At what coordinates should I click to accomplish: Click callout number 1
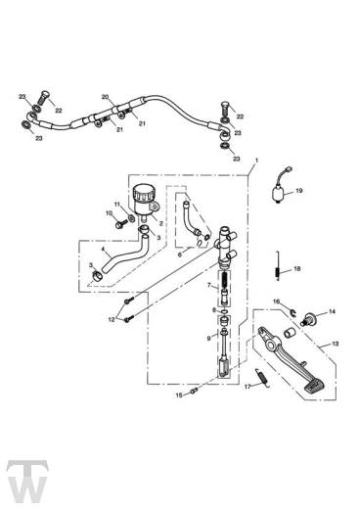256,159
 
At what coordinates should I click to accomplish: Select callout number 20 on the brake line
105,97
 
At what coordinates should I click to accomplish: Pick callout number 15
179,396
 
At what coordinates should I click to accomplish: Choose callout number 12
112,319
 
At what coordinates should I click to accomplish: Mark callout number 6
179,241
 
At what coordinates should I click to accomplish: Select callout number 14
331,312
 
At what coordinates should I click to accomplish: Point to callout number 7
207,285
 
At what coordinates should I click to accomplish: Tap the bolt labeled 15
194,393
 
